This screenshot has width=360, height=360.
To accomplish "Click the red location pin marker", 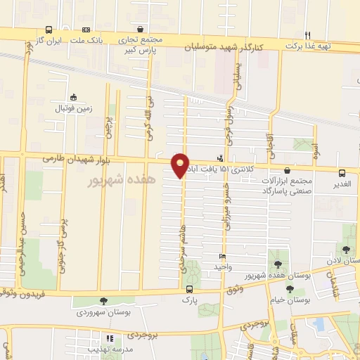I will pos(181,165).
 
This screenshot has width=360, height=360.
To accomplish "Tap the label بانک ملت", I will pos(91,41).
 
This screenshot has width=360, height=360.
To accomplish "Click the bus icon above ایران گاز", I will pos(49,30).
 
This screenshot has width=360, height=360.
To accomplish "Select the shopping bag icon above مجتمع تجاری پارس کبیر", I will pos(141,30).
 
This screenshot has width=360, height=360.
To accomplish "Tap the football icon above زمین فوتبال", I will pos(73,98).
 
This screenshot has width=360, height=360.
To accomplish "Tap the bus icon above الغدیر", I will pos(342,173).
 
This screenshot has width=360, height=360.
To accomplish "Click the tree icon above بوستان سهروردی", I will pos(104,301).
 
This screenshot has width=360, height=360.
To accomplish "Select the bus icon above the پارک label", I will pos(188,288).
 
